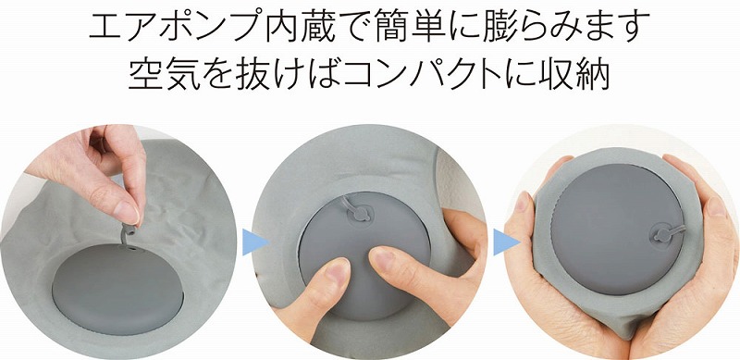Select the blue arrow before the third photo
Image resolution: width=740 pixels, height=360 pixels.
click(506, 242)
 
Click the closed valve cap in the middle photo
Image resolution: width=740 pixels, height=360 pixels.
click(360, 214)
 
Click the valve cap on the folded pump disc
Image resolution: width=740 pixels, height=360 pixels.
click(660, 233)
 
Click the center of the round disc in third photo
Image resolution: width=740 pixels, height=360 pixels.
click(617, 230)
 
